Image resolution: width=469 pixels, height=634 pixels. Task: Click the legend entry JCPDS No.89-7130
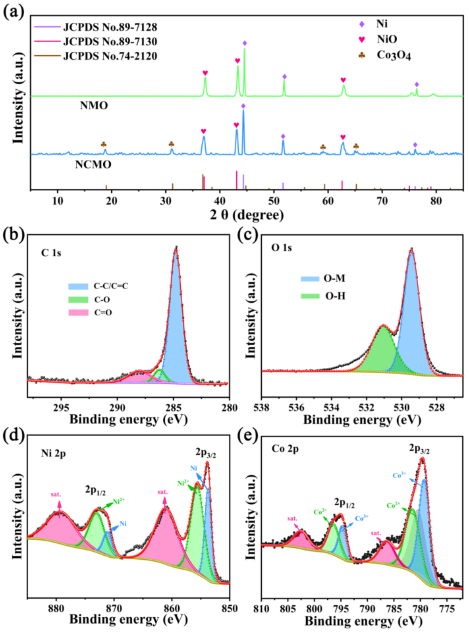110,42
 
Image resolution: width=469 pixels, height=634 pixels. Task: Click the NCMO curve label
93,165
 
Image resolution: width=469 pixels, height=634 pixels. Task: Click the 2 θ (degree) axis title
247,215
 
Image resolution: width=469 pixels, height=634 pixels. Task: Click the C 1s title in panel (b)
51,253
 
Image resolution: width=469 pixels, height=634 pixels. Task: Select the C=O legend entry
103,313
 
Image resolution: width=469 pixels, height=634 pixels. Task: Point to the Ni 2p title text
53,454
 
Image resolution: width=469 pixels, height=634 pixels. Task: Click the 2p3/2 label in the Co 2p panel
419,449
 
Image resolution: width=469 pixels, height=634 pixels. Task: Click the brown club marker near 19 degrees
104,144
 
